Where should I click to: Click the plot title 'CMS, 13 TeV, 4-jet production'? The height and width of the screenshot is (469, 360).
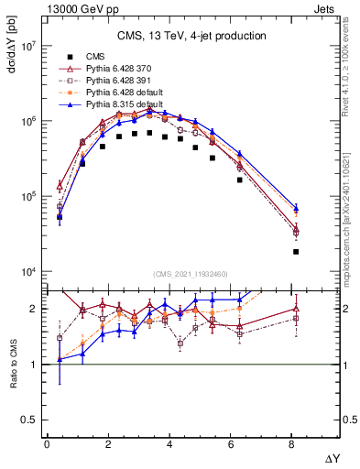click(191, 36)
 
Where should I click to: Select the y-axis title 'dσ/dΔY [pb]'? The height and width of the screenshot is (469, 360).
click(12, 53)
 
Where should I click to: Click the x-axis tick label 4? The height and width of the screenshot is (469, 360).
click(171, 443)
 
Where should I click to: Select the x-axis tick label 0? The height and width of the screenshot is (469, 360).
click(47, 443)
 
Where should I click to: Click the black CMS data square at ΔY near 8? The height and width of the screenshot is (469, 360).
click(295, 252)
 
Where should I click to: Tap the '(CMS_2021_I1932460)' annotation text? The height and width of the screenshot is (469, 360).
click(191, 274)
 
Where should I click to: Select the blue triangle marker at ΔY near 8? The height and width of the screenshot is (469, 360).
click(295, 208)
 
